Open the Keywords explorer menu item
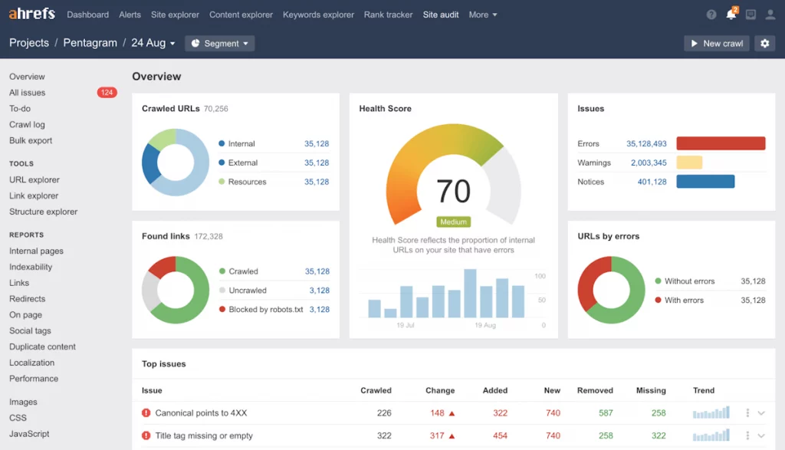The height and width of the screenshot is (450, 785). click(318, 15)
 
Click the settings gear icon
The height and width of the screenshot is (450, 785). click(764, 44)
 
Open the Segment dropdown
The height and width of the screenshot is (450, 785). click(220, 44)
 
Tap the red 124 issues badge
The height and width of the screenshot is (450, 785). click(107, 93)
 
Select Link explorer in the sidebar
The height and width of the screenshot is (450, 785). click(34, 195)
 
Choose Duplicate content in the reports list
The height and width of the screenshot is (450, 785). click(42, 347)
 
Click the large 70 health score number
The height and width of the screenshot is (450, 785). click(454, 191)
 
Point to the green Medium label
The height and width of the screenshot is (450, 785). click(453, 222)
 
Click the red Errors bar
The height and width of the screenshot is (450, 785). click(721, 143)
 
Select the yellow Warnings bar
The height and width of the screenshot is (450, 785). click(689, 163)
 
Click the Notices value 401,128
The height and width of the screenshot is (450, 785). click(652, 182)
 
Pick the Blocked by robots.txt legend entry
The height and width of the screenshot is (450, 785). click(265, 310)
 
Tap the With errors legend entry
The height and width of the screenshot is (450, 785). click(684, 301)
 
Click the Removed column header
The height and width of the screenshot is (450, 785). click(595, 390)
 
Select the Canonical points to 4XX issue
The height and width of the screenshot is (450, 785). click(202, 413)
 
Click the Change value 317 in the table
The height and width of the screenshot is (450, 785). click(437, 436)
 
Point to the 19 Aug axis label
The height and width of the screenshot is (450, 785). click(485, 326)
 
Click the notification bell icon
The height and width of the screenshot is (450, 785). click(731, 15)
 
